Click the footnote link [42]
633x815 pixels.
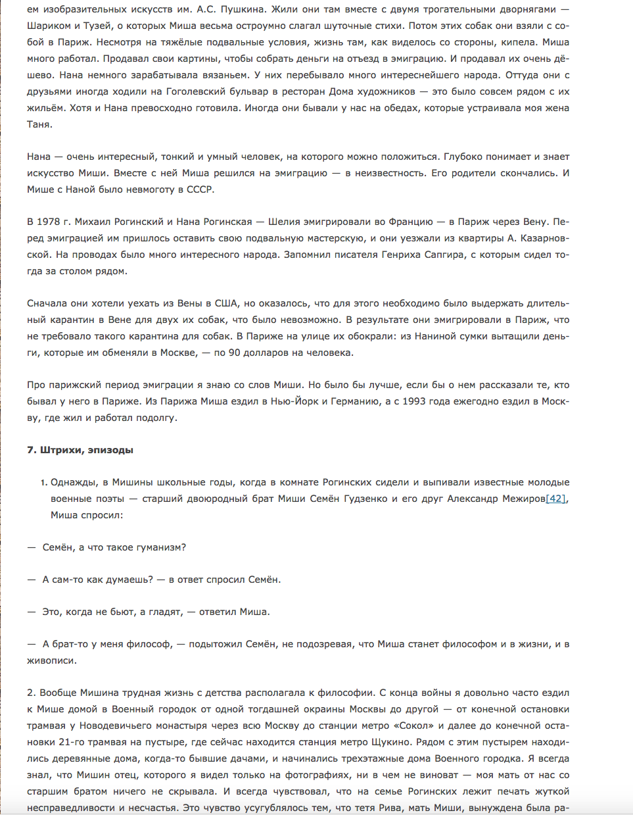tap(556, 499)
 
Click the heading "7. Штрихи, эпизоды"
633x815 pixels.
tap(80, 450)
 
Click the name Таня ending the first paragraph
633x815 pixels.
tap(39, 124)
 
